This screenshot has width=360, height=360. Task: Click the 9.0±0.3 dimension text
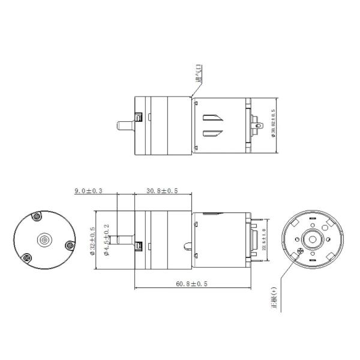click(x=88, y=191)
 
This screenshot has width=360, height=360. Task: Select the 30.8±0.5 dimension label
click(x=162, y=191)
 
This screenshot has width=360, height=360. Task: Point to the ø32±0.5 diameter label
click(x=92, y=241)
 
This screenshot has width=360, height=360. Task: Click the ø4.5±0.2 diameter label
click(x=106, y=241)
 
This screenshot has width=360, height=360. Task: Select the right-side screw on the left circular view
click(x=68, y=245)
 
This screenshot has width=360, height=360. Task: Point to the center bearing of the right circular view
click(x=312, y=238)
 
